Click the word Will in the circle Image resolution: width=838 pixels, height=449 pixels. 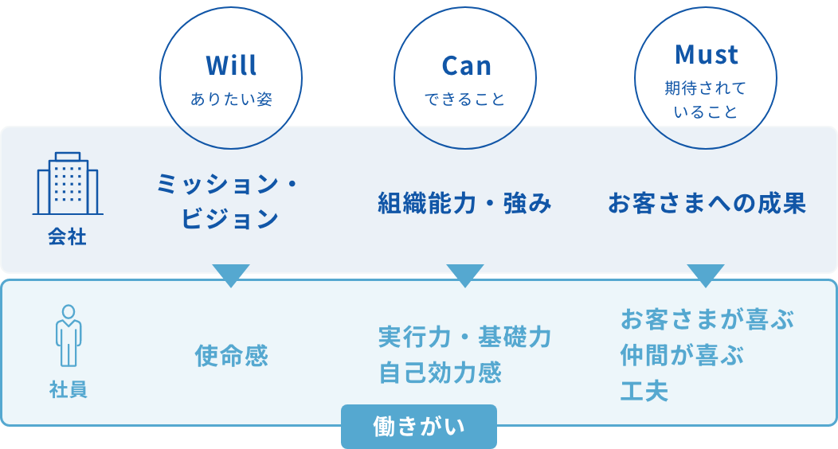(231, 65)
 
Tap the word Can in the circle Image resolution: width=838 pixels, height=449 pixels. (466, 66)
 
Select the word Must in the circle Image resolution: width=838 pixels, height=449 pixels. (706, 54)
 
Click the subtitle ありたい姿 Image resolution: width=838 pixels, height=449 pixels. (232, 99)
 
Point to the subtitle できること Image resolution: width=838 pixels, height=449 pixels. (465, 99)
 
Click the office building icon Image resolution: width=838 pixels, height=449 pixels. (68, 183)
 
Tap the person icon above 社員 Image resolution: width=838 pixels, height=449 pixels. (69, 335)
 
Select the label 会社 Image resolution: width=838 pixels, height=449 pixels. (68, 236)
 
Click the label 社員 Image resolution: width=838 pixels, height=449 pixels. (68, 389)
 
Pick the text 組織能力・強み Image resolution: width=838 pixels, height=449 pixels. (464, 204)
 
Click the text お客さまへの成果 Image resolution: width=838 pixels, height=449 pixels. (707, 204)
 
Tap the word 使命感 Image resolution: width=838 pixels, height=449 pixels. (232, 356)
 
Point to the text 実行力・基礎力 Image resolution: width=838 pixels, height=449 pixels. (464, 337)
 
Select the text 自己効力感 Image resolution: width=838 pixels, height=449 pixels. (440, 373)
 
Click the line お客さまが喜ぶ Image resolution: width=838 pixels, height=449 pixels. (707, 319)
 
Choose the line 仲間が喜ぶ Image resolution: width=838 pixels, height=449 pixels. (682, 355)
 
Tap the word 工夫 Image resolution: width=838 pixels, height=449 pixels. (644, 391)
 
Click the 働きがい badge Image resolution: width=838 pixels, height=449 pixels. (419, 427)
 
